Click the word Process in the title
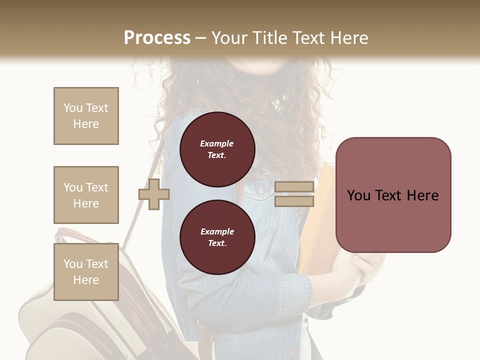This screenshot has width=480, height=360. (157, 38)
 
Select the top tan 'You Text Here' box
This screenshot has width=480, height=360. (86, 116)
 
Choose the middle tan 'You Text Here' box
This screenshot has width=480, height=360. (86, 195)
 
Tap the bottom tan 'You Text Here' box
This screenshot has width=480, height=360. (86, 271)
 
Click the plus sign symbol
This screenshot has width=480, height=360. (153, 194)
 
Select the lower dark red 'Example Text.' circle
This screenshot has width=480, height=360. (217, 237)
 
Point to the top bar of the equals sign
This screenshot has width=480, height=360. (294, 187)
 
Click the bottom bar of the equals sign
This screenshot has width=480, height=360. (294, 201)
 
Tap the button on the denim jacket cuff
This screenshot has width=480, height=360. (288, 248)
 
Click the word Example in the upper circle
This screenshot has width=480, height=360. (217, 143)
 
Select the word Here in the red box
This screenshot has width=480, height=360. (422, 195)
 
